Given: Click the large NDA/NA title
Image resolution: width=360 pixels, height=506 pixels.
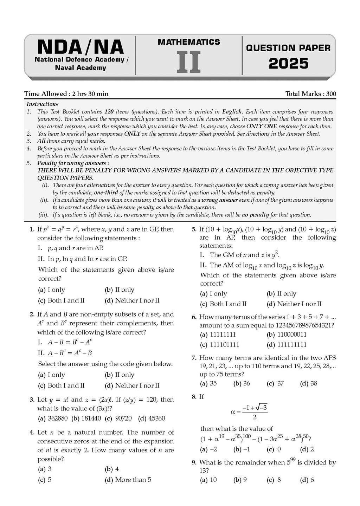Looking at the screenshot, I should click(80, 47).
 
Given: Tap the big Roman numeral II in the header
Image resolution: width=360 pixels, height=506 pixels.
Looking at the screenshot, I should click(188, 62).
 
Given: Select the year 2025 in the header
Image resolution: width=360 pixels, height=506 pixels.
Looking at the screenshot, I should click(288, 64).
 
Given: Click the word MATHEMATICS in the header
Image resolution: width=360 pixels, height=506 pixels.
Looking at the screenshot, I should click(189, 42).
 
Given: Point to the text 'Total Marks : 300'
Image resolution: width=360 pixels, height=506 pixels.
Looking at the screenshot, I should click(310, 94).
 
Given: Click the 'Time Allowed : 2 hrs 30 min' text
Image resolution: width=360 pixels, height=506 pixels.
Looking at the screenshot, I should click(66, 94).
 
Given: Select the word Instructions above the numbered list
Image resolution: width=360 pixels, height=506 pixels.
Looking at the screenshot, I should click(42, 104).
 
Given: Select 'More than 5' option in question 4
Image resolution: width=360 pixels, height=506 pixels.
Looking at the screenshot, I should click(133, 480).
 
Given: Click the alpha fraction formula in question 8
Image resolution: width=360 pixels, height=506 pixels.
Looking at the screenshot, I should click(250, 412).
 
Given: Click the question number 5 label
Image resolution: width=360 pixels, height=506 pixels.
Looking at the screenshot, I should click(194, 229).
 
